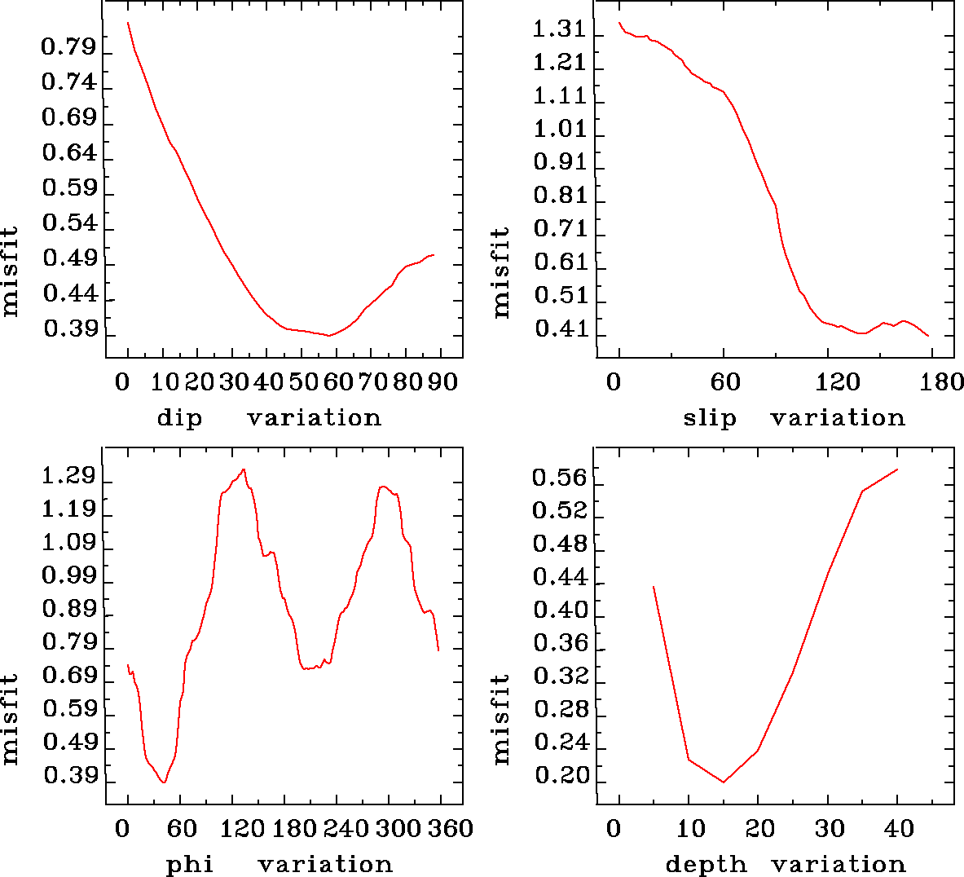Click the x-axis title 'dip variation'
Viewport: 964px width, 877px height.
coord(269,418)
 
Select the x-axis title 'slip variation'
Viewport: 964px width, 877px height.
coord(794,418)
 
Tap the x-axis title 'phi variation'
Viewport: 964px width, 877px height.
coord(280,864)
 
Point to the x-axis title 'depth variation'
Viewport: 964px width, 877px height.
coord(786,864)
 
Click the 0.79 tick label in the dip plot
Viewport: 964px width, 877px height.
coord(68,47)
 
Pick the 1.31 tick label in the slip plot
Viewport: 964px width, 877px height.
coord(559,30)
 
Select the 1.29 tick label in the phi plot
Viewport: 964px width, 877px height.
coord(68,476)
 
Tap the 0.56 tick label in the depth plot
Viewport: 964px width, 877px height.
coord(559,477)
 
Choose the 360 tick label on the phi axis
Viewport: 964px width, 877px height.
coord(451,829)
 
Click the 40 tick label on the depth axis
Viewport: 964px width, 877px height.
coord(899,829)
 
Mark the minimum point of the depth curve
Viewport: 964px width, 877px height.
coord(723,782)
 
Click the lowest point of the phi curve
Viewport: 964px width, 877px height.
coord(165,782)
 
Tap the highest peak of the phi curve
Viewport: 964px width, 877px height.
coord(243,469)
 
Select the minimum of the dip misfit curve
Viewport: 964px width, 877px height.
coord(329,335)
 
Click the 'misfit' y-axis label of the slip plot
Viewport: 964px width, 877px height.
coord(500,273)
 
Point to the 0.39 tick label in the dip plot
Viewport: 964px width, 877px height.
coord(70,328)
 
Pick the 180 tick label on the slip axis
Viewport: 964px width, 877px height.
coord(945,381)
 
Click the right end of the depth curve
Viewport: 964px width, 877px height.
coord(897,469)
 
